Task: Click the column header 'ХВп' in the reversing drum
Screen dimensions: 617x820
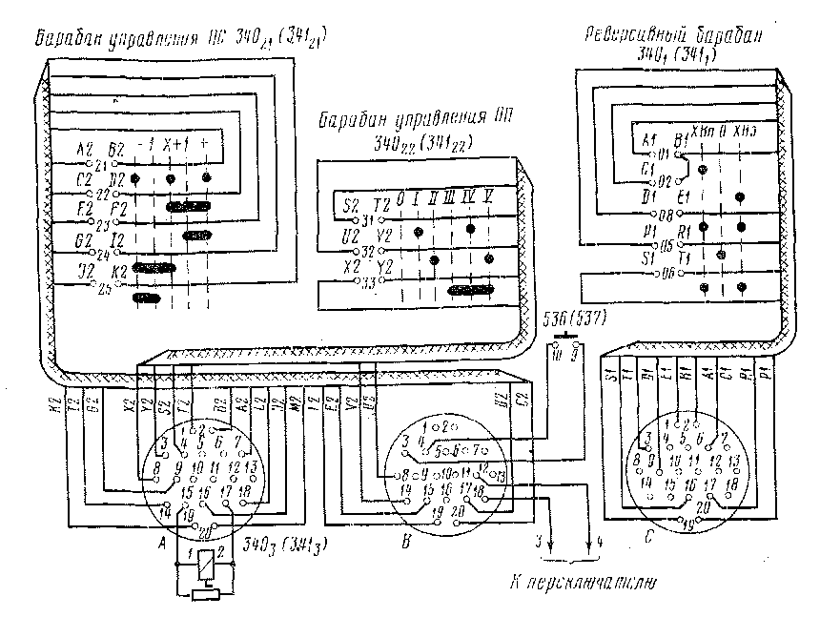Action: [x=702, y=131]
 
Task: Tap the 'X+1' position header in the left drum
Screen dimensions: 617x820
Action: [x=173, y=144]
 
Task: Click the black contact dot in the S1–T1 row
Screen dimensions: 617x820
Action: [x=722, y=256]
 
